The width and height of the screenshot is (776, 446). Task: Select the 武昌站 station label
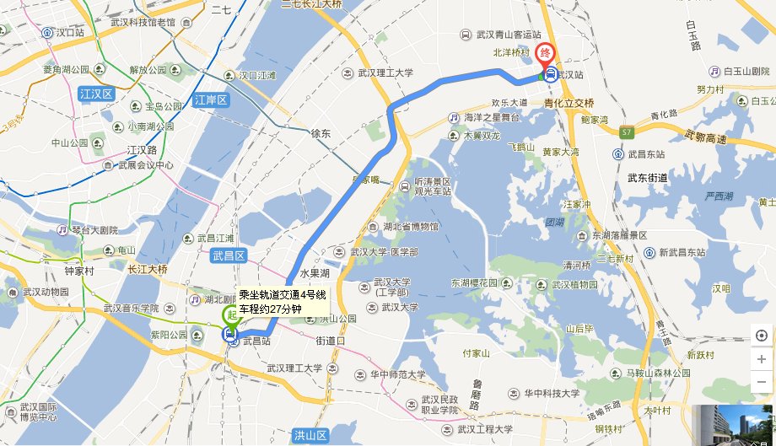(x=256, y=341)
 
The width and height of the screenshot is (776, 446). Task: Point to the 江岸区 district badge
(x=212, y=100)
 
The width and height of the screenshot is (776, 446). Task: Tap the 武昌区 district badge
(x=228, y=255)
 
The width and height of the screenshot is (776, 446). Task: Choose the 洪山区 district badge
(x=310, y=435)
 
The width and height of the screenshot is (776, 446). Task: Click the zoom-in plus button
(x=761, y=357)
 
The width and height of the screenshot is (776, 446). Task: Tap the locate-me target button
(x=761, y=336)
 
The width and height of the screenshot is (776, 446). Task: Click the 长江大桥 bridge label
(x=148, y=269)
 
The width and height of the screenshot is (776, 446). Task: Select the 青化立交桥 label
(x=569, y=102)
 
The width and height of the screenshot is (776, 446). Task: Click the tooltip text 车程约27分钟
(x=270, y=309)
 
